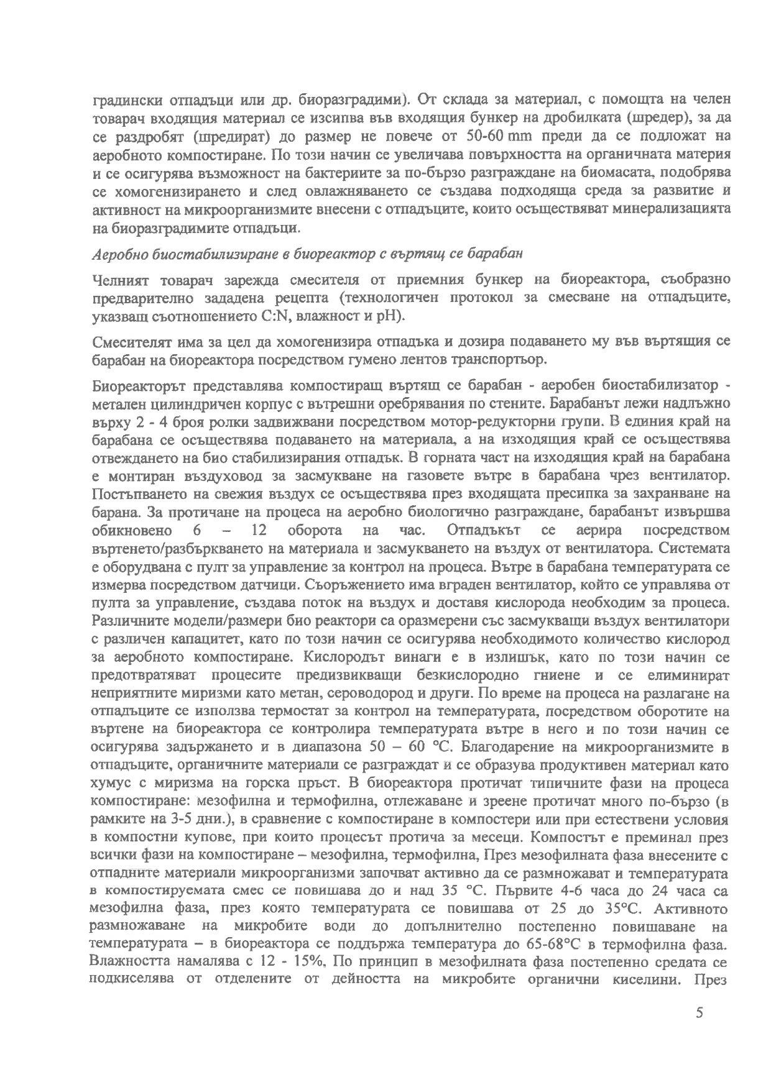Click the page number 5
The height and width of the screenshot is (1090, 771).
tap(699, 1014)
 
